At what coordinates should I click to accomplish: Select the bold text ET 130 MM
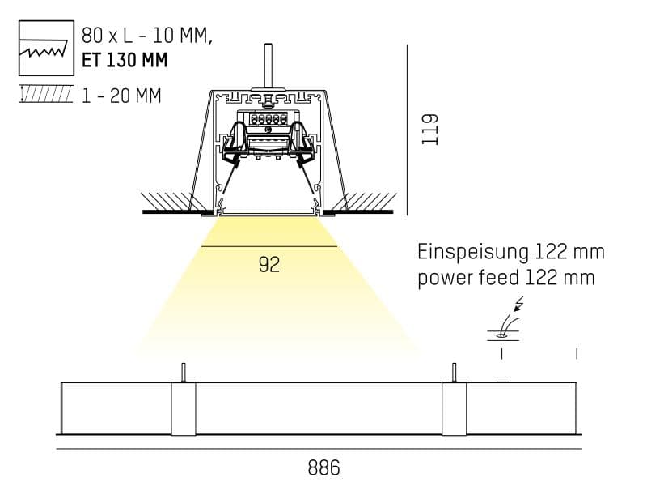coord(125,60)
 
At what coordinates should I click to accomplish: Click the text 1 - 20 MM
coord(121,96)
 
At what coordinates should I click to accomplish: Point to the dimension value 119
coord(429,129)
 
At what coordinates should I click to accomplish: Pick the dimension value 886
coord(323,467)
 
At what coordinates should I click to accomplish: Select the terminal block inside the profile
coord(269,118)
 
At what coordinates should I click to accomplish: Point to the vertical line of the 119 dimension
coord(407,130)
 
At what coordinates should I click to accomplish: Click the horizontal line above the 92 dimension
coord(269,246)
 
